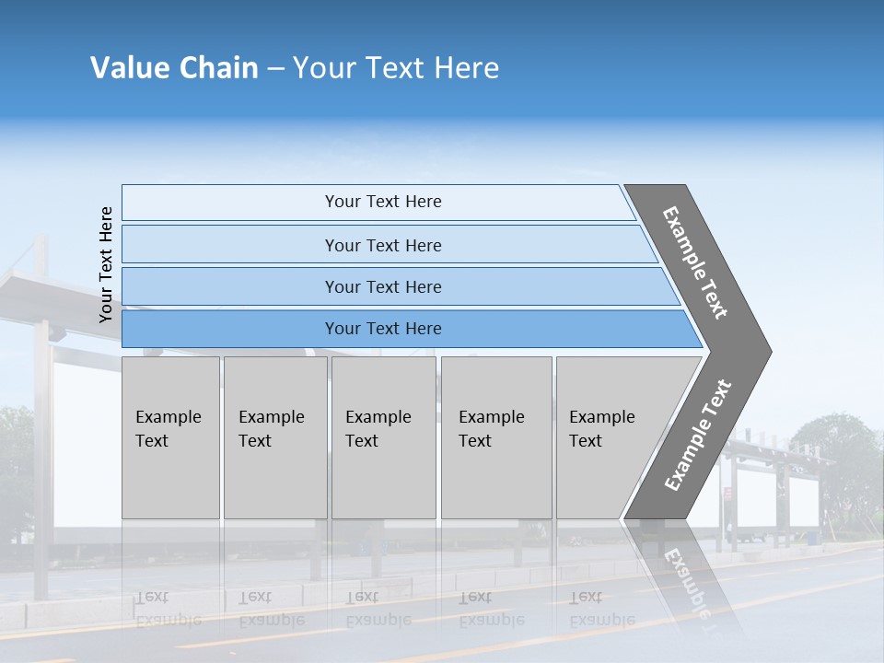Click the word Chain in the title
click(x=218, y=68)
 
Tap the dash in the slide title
click(x=275, y=69)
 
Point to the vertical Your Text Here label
click(x=106, y=264)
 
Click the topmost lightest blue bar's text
click(x=383, y=202)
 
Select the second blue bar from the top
click(x=383, y=245)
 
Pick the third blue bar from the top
click(x=383, y=286)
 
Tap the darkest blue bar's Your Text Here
click(x=383, y=329)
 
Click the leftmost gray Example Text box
click(x=170, y=437)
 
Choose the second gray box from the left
click(x=274, y=437)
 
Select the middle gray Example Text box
click(x=383, y=437)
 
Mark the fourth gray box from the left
click(x=495, y=437)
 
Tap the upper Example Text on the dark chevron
click(x=695, y=262)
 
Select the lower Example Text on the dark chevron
click(x=697, y=436)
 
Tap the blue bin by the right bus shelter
click(x=813, y=536)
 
